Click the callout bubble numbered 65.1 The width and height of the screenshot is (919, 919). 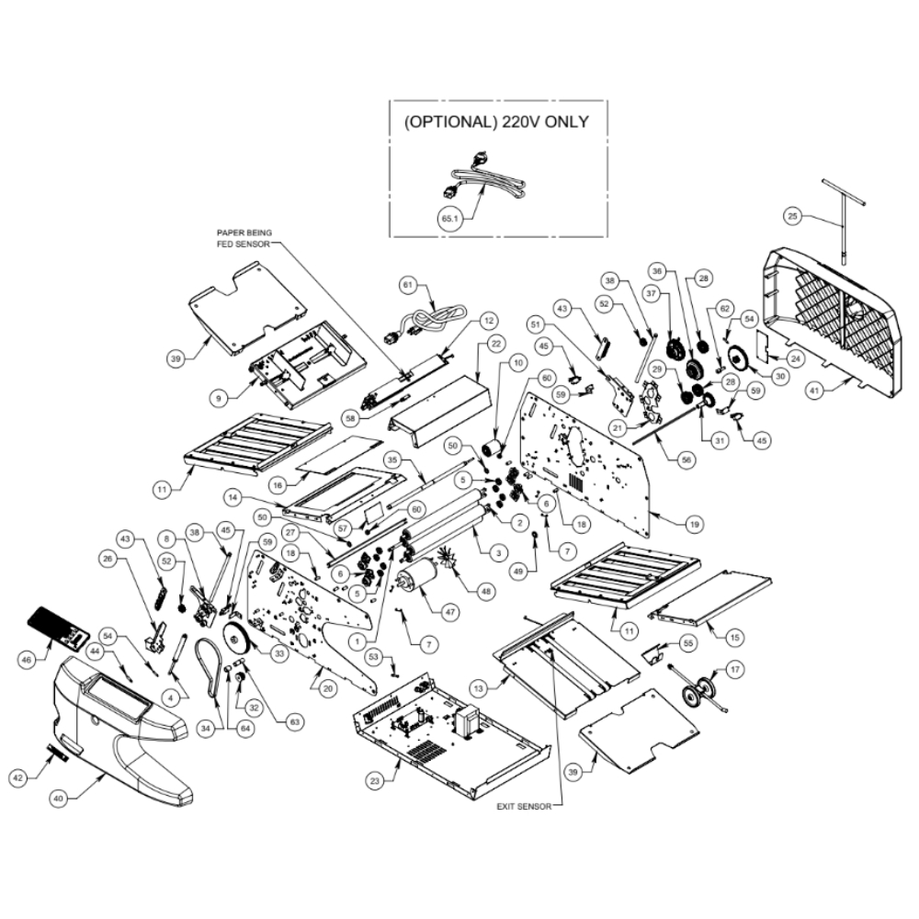pos(449,219)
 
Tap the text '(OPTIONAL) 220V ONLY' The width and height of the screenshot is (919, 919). pos(496,121)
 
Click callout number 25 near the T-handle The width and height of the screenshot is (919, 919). pos(793,215)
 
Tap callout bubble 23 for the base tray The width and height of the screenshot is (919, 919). pos(375,782)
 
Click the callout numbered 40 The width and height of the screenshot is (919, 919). pos(58,800)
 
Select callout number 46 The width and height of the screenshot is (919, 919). pos(28,659)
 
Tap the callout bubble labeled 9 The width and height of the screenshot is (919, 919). pos(217,399)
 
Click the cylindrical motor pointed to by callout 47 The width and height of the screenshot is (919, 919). pos(416,581)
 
